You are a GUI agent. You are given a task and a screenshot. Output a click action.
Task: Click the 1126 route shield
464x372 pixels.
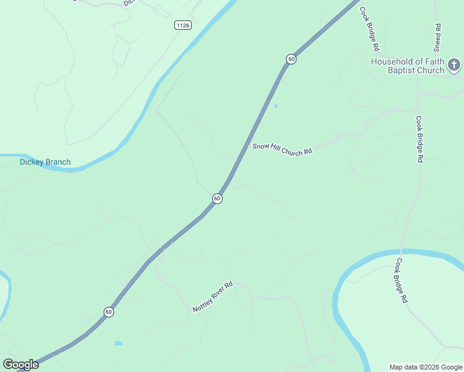pyautogui.click(x=182, y=25)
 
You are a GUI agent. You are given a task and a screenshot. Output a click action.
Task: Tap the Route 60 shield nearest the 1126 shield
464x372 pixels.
pyautogui.click(x=291, y=59)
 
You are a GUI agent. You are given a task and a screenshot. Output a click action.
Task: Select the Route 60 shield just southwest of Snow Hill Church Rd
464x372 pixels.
pyautogui.click(x=216, y=198)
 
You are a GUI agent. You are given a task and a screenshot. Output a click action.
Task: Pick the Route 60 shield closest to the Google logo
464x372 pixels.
pyautogui.click(x=109, y=312)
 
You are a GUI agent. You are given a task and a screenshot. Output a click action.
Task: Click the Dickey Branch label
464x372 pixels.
pyautogui.click(x=45, y=162)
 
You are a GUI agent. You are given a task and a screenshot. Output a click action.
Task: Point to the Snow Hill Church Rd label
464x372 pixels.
pyautogui.click(x=282, y=149)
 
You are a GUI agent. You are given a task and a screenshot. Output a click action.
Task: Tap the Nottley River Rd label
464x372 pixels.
pyautogui.click(x=212, y=296)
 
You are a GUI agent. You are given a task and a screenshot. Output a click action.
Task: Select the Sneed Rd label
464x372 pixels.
pyautogui.click(x=438, y=37)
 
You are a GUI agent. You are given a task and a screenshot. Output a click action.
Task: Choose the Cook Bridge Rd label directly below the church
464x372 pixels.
pyautogui.click(x=419, y=139)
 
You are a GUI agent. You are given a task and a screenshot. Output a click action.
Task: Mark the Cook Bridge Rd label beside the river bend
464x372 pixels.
pyautogui.click(x=403, y=280)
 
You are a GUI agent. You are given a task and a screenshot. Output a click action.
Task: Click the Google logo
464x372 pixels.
pyautogui.click(x=20, y=365)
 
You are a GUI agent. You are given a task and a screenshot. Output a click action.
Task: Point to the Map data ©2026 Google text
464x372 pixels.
pyautogui.click(x=426, y=367)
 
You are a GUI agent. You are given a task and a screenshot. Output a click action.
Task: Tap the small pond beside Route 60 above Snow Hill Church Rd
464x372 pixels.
pyautogui.click(x=275, y=106)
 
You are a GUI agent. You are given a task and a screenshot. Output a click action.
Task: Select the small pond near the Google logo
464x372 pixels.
pyautogui.click(x=118, y=343)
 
